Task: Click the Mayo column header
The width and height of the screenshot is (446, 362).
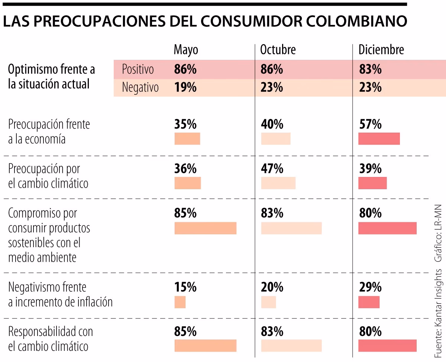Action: pos(186,50)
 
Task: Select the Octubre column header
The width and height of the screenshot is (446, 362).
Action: pos(278,50)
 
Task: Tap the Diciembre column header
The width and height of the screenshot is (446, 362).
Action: pos(381,50)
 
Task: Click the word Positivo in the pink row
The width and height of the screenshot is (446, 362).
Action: pos(138,69)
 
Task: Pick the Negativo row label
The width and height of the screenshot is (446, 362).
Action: pos(140,88)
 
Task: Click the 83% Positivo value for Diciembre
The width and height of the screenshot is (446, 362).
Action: pos(370,69)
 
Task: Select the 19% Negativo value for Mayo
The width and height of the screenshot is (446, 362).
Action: pos(185,88)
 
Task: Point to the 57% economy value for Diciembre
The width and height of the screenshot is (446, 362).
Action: pos(370,124)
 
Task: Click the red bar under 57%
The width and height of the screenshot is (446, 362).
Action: pos(379,139)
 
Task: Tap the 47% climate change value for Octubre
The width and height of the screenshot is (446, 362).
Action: pos(272,169)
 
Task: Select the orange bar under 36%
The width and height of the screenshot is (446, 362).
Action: pos(188,183)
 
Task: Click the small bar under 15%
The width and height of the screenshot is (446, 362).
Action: pos(180,302)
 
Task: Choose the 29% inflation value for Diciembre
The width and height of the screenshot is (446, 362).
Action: pos(370,287)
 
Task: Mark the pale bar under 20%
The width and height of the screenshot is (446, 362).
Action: pos(268,302)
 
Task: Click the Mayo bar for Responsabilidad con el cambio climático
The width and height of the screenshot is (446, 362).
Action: pos(205,345)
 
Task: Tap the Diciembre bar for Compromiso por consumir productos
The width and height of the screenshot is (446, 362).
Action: pos(387,228)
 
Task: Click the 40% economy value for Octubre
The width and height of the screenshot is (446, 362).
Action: pos(272,124)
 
